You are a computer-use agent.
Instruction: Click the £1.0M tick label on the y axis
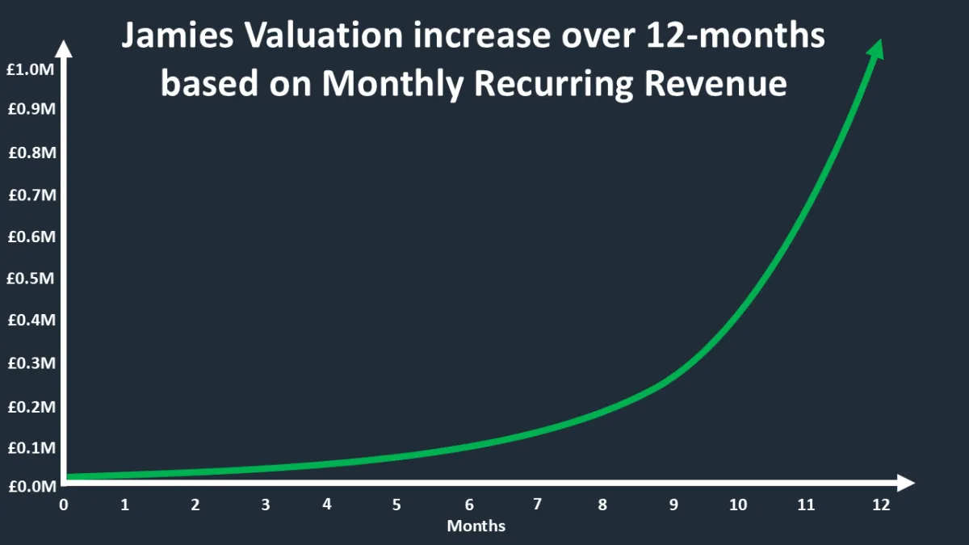(31, 70)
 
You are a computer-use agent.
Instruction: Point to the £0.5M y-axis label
(31, 279)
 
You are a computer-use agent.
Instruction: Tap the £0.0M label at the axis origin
(31, 487)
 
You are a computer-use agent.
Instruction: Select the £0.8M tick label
(31, 153)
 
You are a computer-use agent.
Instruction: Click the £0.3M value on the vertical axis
(31, 363)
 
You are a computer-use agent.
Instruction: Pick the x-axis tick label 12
(880, 505)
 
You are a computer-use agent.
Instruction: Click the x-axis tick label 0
(63, 505)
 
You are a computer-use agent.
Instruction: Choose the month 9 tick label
(673, 505)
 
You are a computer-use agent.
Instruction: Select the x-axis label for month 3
(265, 505)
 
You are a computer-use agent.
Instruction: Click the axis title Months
(476, 526)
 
